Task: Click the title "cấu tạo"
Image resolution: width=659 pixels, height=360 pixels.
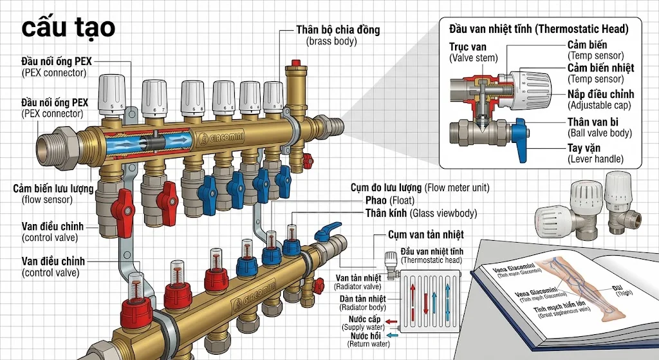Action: coord(68,28)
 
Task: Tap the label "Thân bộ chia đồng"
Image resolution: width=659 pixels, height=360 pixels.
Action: coord(338,30)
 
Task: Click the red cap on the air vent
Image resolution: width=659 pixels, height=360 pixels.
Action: coord(295,63)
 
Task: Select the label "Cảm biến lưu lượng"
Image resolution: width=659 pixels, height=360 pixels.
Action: coord(53,188)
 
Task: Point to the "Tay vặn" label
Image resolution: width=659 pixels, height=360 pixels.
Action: coord(584,148)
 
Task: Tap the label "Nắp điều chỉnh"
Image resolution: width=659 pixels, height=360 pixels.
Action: coord(600,94)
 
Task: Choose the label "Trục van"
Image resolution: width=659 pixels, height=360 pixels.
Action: coord(467,46)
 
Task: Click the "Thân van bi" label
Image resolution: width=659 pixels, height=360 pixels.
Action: coord(593,122)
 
